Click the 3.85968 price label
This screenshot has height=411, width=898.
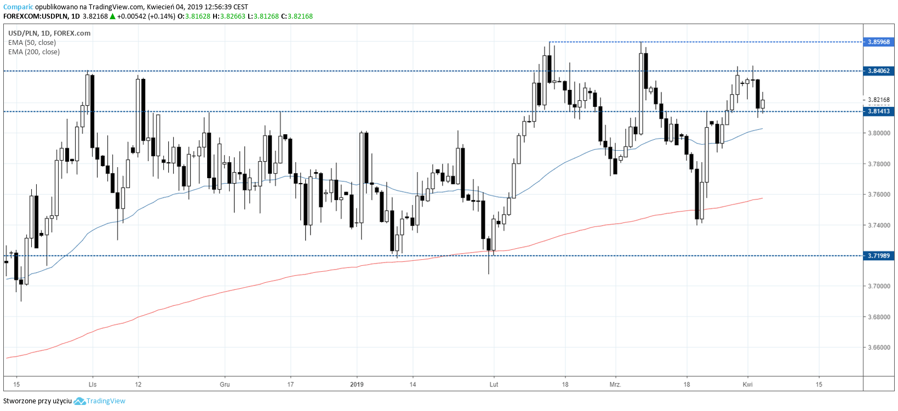tap(878, 42)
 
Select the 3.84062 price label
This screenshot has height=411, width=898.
tap(878, 71)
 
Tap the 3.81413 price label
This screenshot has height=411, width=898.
tap(878, 111)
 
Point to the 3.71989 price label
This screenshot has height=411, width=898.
tap(878, 256)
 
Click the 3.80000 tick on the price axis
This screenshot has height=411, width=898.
tap(878, 133)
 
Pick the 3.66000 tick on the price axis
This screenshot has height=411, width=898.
tap(878, 347)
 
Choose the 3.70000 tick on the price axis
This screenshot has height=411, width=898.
tap(878, 286)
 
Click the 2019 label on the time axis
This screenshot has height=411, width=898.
tap(357, 384)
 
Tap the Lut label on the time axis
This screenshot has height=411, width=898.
tap(494, 384)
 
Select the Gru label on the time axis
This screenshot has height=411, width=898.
tap(225, 384)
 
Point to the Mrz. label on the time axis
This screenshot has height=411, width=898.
tap(615, 384)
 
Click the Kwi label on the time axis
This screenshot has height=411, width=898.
tap(747, 384)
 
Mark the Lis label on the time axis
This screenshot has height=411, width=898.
tap(93, 384)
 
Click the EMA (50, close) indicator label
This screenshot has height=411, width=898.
tap(32, 43)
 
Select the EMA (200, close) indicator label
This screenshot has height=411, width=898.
tap(34, 52)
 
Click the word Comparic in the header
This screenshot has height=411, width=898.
tap(18, 7)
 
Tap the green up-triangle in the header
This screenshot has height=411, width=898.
tap(112, 16)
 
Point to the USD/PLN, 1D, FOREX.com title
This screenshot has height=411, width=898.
tap(49, 33)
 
